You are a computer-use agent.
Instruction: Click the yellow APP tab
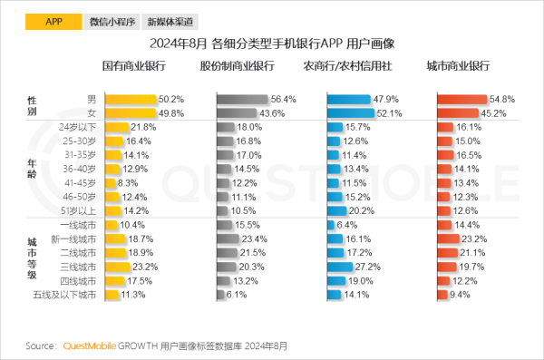click(x=53, y=20)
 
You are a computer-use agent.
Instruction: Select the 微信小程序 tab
click(x=112, y=20)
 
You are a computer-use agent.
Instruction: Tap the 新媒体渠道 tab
click(x=170, y=20)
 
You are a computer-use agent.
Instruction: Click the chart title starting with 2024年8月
click(x=271, y=43)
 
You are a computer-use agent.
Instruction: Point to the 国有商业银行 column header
click(x=133, y=67)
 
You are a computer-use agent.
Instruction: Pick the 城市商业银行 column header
click(x=458, y=67)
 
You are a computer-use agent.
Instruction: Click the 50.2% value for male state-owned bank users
click(x=171, y=99)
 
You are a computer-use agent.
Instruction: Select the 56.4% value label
click(x=284, y=99)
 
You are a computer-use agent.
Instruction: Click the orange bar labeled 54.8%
click(x=462, y=99)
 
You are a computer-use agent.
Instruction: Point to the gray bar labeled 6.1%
click(x=220, y=295)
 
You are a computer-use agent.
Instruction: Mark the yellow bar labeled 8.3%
click(x=111, y=181)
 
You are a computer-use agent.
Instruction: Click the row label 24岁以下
click(x=76, y=127)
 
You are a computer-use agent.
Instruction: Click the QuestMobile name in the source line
click(x=93, y=345)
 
